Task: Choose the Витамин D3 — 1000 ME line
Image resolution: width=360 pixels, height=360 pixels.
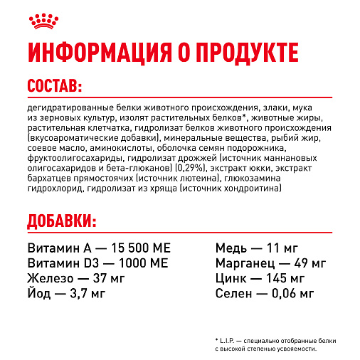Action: coord(97,263)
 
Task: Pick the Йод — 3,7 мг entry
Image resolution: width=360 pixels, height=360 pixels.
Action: coord(68,292)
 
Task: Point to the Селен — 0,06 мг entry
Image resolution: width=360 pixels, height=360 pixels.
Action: coord(264,292)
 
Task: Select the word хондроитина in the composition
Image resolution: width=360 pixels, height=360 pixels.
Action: coord(255,188)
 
